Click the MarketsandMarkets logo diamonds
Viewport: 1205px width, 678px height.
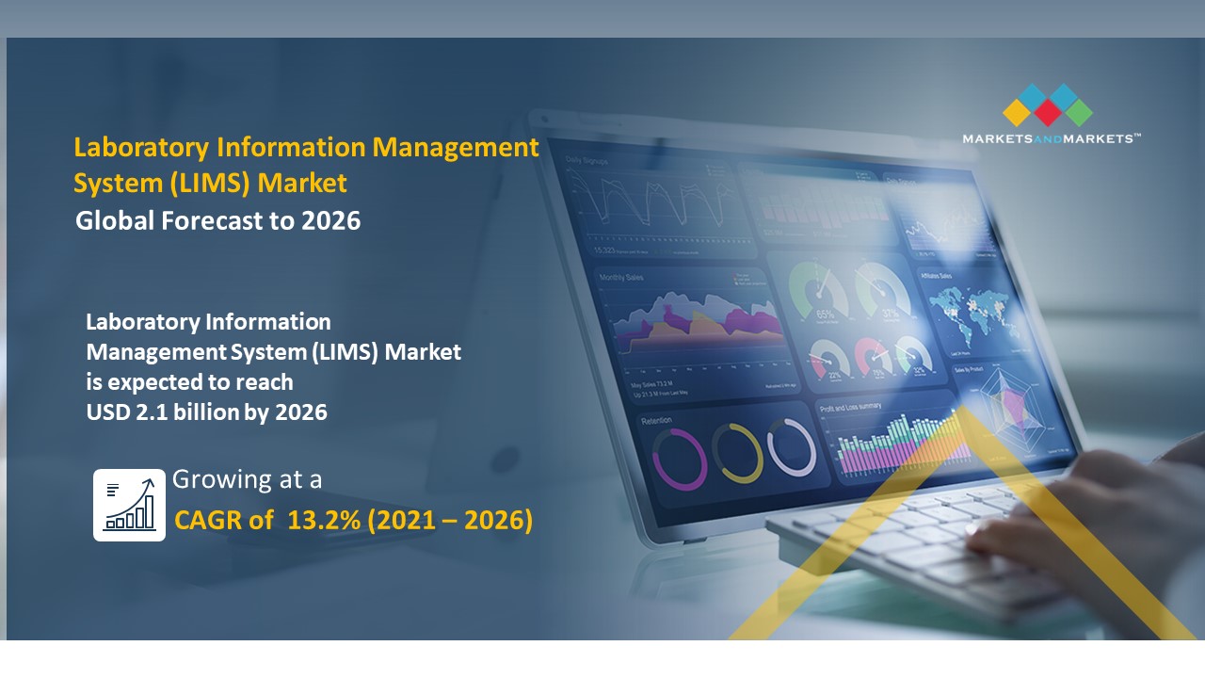[1048, 105]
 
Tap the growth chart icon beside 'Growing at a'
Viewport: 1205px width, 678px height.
[130, 505]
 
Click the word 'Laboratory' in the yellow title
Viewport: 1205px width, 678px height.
[140, 148]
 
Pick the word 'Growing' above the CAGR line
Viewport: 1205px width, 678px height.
[216, 479]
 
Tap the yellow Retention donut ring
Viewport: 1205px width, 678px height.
[736, 452]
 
